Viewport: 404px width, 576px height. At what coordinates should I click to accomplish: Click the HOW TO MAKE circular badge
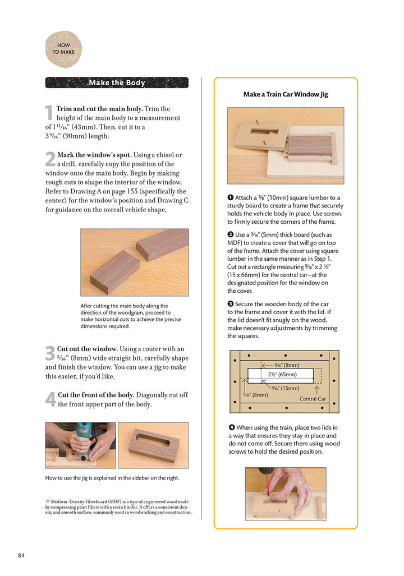[x=63, y=49]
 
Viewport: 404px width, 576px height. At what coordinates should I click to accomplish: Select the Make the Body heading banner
[x=117, y=82]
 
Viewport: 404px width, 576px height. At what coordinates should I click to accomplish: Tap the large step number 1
[x=49, y=113]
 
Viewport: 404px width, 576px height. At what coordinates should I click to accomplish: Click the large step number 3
[x=50, y=353]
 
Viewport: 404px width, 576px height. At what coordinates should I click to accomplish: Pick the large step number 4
[x=50, y=399]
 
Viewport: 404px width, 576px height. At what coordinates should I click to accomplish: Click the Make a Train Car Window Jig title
[x=286, y=94]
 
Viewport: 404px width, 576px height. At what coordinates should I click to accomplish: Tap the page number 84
[x=21, y=555]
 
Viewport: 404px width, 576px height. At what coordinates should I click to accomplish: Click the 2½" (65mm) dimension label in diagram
[x=282, y=374]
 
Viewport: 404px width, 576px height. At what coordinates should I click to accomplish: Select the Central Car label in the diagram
[x=313, y=399]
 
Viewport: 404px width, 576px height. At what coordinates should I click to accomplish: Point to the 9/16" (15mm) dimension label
[x=286, y=388]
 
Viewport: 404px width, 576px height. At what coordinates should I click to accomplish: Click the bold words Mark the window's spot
[x=94, y=155]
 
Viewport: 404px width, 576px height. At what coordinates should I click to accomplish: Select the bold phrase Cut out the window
[x=87, y=349]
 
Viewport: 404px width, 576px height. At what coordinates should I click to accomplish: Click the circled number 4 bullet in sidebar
[x=231, y=427]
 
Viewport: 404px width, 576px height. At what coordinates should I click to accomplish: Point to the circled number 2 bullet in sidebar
[x=231, y=234]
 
